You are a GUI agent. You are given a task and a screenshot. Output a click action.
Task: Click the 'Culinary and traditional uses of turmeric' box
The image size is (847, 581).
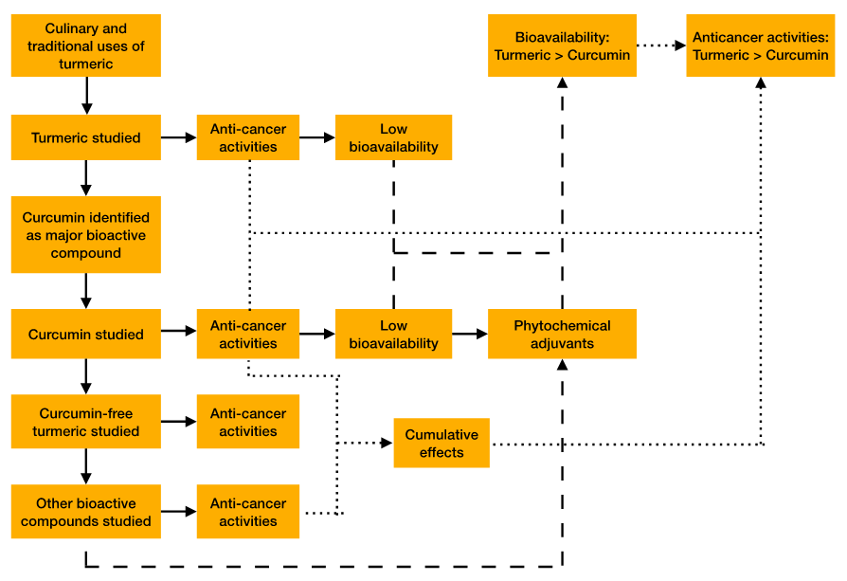click(x=86, y=46)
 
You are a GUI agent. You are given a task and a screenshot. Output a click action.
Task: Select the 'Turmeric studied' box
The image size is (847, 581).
click(x=86, y=137)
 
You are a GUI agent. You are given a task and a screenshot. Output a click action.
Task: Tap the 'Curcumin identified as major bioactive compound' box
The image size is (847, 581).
click(x=86, y=235)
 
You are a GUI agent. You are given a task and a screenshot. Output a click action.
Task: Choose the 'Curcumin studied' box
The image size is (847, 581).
click(x=86, y=335)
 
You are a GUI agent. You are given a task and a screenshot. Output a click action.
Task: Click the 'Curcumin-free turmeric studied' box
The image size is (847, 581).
click(x=86, y=423)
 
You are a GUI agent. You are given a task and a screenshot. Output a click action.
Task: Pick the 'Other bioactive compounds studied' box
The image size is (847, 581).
click(x=86, y=512)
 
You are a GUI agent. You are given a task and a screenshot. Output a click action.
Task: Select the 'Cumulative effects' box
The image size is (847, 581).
click(x=442, y=443)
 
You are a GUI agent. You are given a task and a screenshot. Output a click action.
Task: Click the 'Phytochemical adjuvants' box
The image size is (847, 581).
click(x=562, y=335)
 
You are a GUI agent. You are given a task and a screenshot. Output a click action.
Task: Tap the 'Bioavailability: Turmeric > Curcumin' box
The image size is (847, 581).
click(x=562, y=45)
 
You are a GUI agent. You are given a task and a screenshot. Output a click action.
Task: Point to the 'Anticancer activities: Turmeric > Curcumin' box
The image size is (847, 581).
click(x=761, y=45)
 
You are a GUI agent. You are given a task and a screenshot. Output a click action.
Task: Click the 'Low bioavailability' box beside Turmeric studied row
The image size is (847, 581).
click(x=393, y=137)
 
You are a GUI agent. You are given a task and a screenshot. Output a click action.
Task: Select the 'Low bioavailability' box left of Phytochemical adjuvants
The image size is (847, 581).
click(x=393, y=335)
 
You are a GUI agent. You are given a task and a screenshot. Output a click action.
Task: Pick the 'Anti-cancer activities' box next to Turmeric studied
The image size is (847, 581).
click(x=248, y=137)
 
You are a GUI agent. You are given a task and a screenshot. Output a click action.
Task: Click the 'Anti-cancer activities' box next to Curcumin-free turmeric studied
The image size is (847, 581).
click(x=248, y=423)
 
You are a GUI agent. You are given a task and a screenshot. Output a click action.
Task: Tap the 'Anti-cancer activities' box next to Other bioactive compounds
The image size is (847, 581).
click(x=248, y=512)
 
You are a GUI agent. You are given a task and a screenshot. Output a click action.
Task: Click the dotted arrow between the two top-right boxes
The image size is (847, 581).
click(x=660, y=45)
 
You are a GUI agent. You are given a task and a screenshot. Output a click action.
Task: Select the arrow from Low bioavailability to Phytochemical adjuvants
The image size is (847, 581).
click(x=469, y=334)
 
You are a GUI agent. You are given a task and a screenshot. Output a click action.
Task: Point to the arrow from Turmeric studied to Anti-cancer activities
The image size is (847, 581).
click(x=178, y=137)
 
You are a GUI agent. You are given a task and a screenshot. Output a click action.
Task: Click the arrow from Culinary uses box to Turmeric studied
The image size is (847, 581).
click(x=86, y=95)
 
